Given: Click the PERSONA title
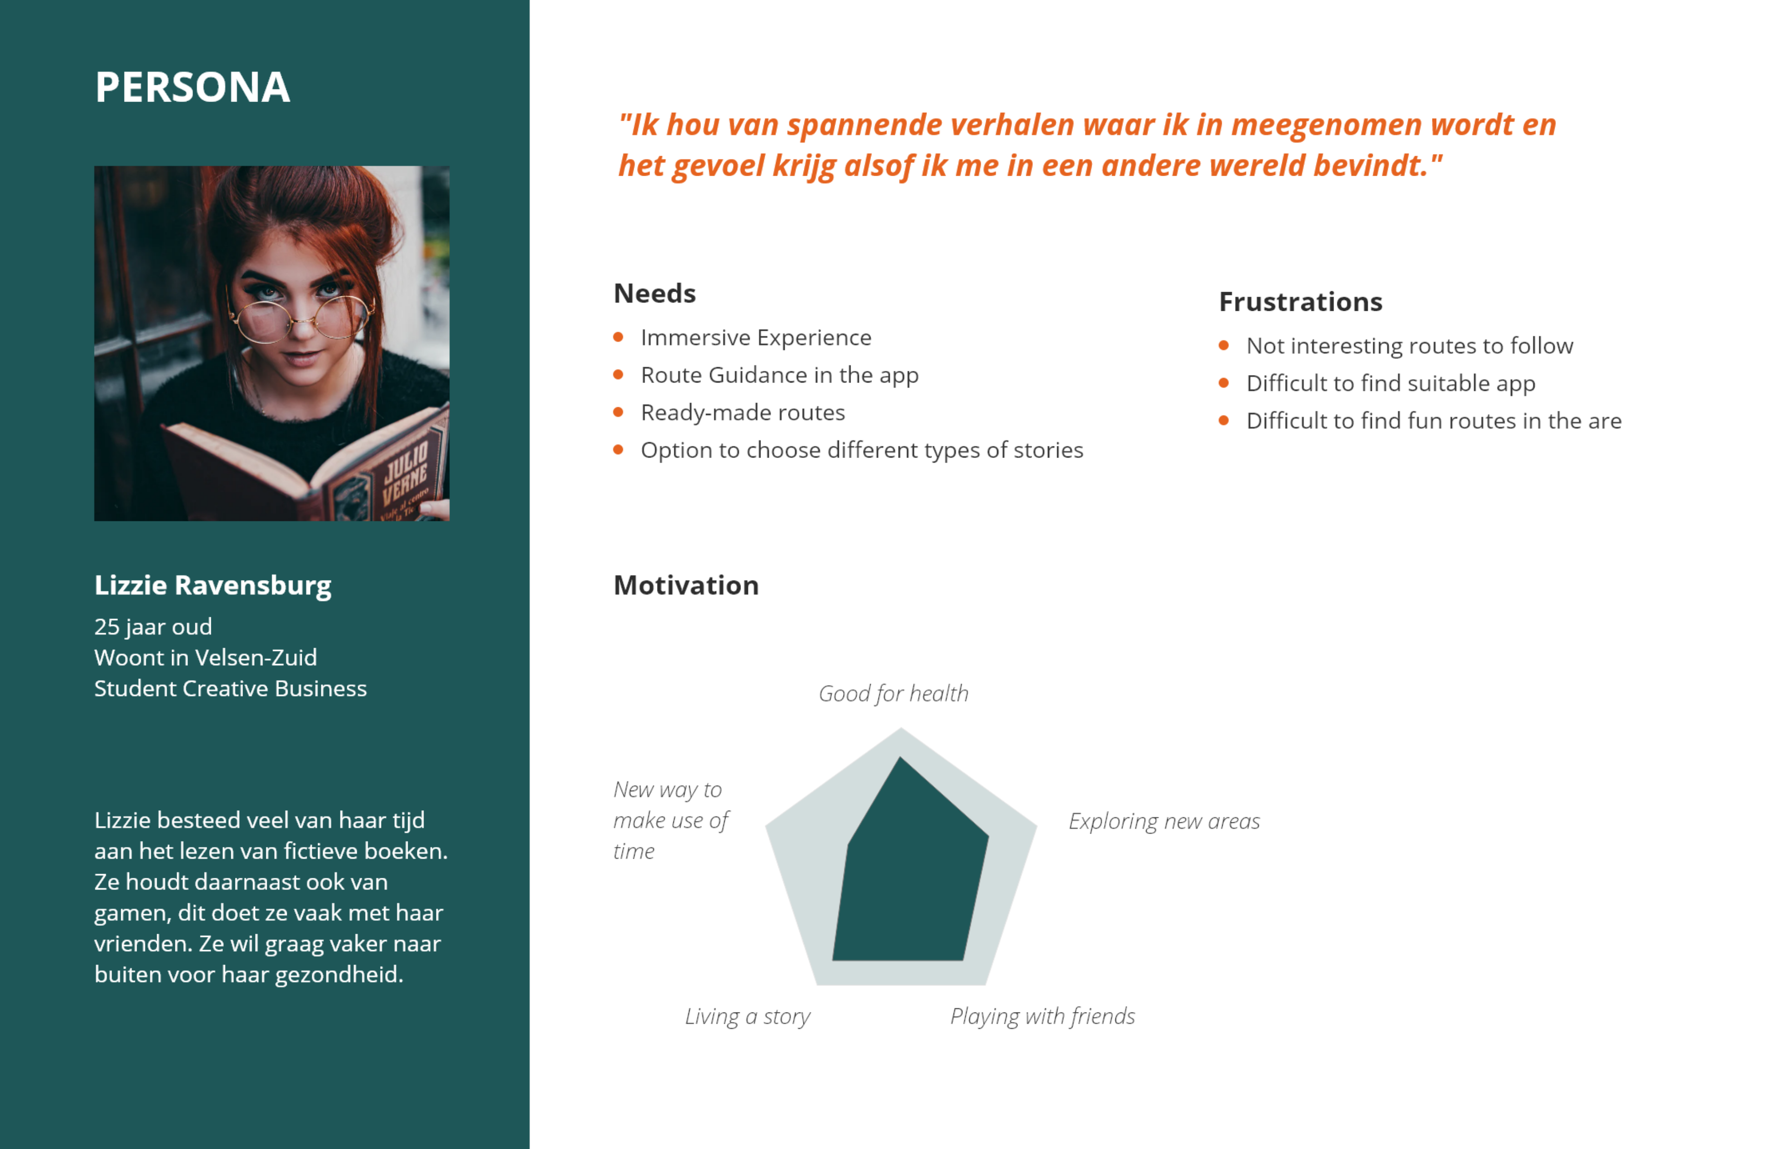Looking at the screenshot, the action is [193, 87].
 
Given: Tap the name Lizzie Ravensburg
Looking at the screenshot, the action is [213, 586].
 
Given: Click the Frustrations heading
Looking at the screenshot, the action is [1301, 301].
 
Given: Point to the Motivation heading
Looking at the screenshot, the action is [686, 586].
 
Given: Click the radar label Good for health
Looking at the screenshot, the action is [893, 694].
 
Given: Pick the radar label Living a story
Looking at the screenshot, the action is [747, 1017].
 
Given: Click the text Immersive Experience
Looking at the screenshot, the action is [756, 338].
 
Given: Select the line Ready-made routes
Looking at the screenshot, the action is [743, 413].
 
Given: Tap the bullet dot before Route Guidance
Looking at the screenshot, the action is [618, 375].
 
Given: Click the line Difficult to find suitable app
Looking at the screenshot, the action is [1391, 383].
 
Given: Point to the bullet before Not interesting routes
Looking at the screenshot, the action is [1224, 345].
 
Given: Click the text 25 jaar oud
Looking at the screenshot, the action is [153, 627].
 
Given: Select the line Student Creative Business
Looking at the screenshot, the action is [231, 689].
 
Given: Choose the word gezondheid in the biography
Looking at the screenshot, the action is [339, 975].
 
